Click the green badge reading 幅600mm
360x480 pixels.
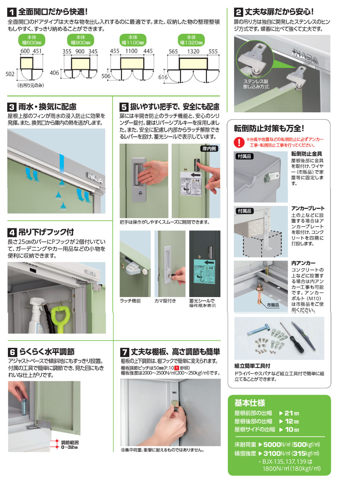coord(32,40)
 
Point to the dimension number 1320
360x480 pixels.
coord(193,51)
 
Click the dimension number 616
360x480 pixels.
coord(163,77)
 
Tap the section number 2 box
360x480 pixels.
coord(238,12)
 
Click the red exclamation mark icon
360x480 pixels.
coord(239,142)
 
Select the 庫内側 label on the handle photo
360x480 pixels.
coord(209,149)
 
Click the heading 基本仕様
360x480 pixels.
coord(249,403)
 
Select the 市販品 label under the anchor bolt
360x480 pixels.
coord(273,305)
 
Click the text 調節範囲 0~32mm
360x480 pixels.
coord(69,445)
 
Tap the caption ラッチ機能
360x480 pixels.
coord(130,301)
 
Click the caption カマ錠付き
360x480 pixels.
coord(165,301)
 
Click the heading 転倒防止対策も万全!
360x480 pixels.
coord(269,128)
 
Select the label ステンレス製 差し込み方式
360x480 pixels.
coord(256,84)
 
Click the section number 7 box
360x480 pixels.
coord(124,352)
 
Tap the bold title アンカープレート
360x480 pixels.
coord(308,208)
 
